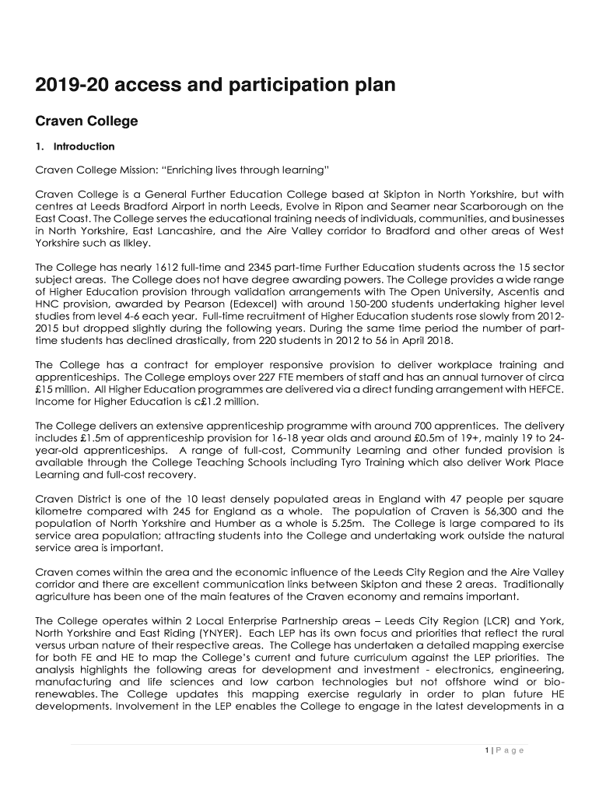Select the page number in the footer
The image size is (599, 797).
click(485, 750)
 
